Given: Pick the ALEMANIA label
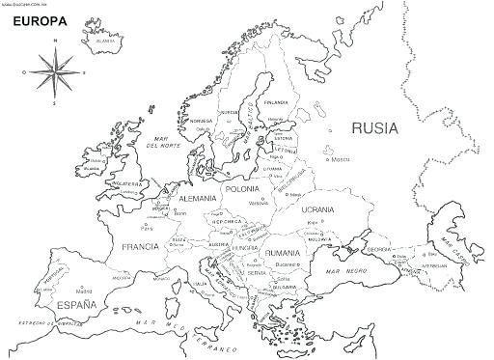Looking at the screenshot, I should [x=198, y=197].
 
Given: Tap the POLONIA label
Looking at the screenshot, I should [x=241, y=189].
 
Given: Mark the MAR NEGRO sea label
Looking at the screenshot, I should [x=344, y=272].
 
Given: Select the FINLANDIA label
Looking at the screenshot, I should [x=276, y=101].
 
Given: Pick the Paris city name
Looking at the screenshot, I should [x=147, y=229].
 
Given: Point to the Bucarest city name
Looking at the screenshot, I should [x=283, y=263].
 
